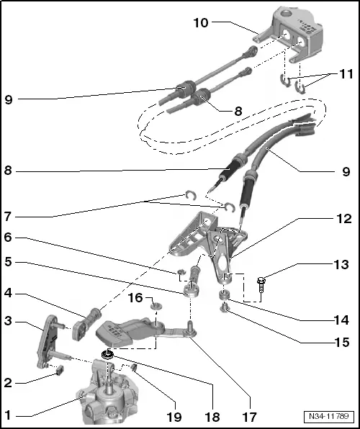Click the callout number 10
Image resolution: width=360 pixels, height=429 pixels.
(201, 23)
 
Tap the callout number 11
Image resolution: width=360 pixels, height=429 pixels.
(346, 74)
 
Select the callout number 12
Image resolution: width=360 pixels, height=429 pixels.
(344, 219)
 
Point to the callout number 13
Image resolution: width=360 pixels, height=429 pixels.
(341, 265)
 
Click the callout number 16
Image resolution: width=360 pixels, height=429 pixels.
(135, 298)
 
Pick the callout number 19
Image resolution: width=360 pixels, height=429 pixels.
(174, 417)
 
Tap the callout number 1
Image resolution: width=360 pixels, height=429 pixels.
(8, 415)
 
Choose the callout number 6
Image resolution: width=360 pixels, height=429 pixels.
(8, 238)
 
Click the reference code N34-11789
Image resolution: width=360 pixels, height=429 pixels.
(329, 417)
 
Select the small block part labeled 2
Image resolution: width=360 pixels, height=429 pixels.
(60, 370)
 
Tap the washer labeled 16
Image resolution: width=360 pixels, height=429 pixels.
(156, 305)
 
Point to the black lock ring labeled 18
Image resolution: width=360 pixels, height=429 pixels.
(107, 355)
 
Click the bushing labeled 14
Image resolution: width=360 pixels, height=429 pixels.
(224, 296)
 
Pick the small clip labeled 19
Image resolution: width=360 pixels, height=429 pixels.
(134, 367)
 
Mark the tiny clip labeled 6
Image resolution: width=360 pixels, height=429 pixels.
(180, 272)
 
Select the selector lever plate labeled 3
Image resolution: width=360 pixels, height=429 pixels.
(49, 342)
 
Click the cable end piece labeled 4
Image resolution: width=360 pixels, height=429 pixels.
(86, 324)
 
